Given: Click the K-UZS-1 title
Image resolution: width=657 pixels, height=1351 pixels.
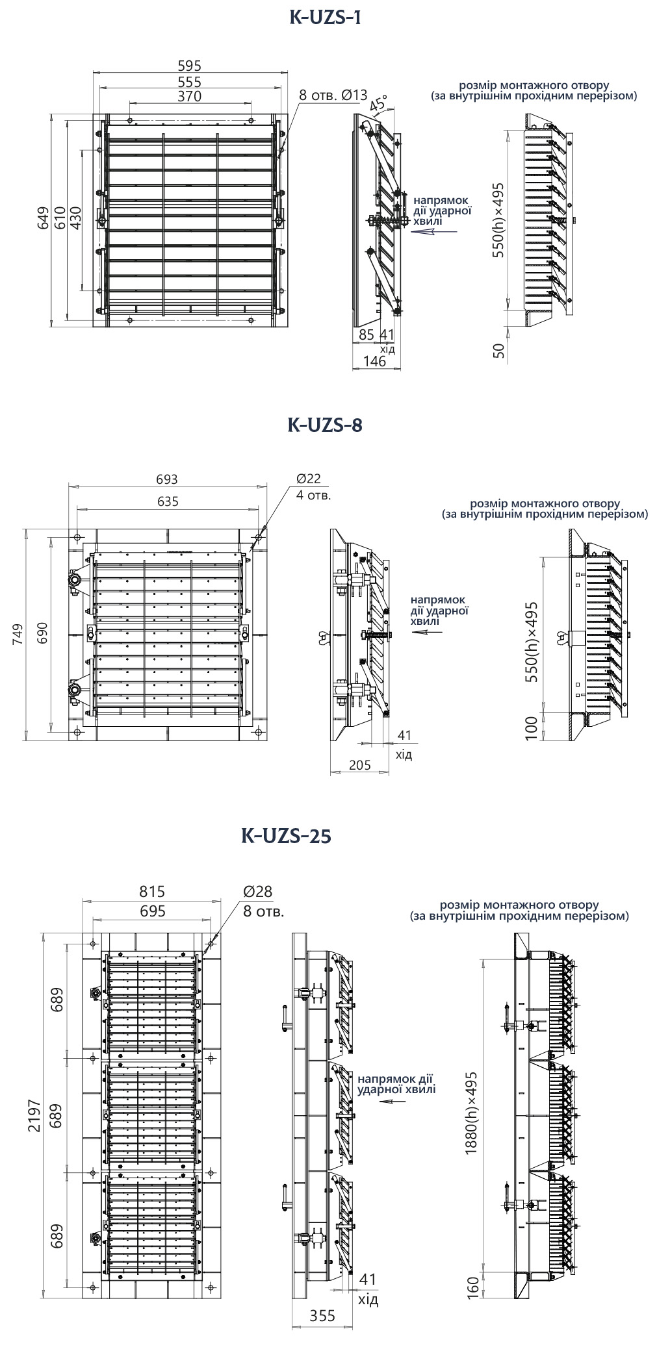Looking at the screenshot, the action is tap(324, 18).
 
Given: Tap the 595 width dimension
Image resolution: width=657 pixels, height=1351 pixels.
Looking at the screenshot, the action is tap(189, 66).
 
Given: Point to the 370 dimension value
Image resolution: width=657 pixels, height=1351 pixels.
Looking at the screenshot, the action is tap(189, 96).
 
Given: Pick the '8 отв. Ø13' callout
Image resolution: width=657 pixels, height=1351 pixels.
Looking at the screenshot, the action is tap(333, 95).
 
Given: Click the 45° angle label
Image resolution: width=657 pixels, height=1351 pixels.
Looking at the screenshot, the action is tap(378, 103).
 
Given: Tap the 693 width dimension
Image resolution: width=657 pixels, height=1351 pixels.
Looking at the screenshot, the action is tap(167, 479).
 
